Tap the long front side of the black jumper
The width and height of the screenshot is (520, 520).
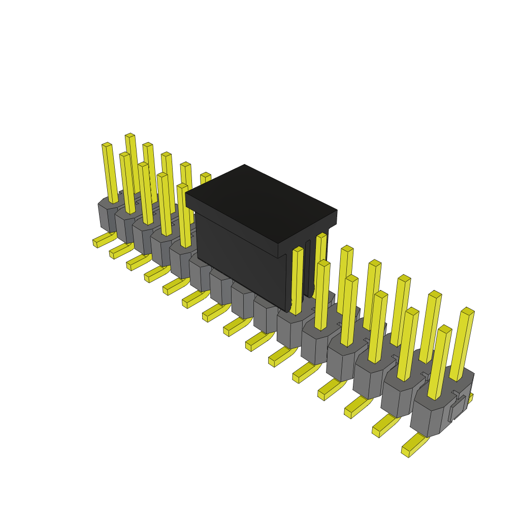tap(239, 259)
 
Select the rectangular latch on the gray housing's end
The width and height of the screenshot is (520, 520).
tap(457, 409)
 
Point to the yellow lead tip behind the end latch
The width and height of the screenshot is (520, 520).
tap(470, 398)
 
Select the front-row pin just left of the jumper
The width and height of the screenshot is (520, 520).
tap(184, 216)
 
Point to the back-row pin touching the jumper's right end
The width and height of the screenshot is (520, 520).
tap(320, 264)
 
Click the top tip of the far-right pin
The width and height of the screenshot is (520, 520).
tap(468, 311)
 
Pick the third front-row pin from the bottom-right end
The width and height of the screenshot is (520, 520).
tap(378, 328)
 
